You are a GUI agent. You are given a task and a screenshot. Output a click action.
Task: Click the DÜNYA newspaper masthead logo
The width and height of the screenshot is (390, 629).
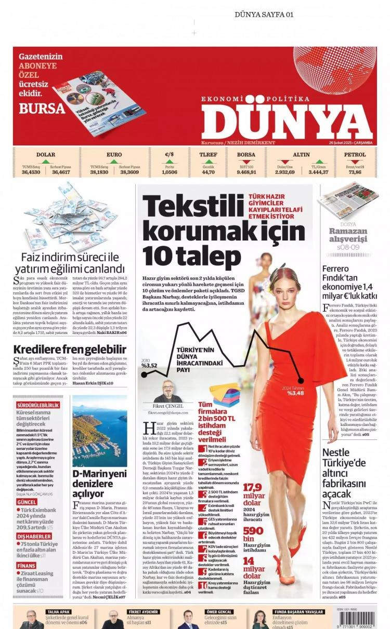[x=287, y=118]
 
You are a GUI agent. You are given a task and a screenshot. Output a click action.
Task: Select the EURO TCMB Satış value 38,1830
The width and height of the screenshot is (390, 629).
[x=99, y=172]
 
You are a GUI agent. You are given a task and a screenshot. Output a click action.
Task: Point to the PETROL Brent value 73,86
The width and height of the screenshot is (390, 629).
[x=355, y=172]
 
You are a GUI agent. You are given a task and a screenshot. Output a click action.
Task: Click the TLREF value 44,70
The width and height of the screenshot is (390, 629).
[x=208, y=172]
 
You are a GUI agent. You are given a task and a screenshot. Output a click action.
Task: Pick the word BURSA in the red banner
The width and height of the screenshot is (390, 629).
[x=42, y=109]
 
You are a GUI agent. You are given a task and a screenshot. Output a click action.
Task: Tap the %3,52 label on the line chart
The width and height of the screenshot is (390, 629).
[x=149, y=365]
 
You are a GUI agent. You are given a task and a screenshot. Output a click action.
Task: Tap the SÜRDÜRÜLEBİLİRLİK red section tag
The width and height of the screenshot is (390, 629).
[x=38, y=405]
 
